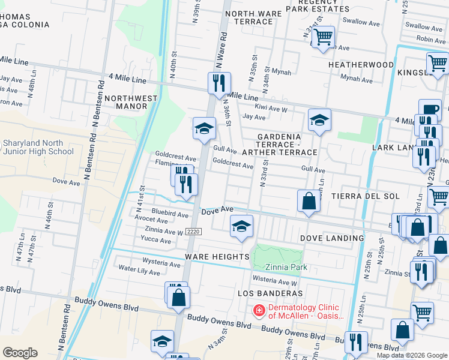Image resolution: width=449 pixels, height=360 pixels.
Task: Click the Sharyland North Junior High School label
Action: (38, 147)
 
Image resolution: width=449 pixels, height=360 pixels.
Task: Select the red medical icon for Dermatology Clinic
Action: (259, 311)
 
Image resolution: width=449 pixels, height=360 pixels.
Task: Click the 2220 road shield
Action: (193, 232)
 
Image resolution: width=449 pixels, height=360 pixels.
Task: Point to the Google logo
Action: (20, 353)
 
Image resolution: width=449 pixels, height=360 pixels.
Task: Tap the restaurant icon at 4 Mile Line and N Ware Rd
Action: (219, 82)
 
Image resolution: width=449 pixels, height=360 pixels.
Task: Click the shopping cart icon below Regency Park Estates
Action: (324, 37)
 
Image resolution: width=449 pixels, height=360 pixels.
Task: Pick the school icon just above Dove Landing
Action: (241, 226)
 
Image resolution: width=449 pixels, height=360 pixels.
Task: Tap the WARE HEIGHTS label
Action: (217, 257)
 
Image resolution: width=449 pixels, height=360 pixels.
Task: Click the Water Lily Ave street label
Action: (139, 270)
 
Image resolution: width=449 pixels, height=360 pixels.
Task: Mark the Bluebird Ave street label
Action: (170, 213)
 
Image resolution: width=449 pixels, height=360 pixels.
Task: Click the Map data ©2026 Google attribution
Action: (412, 355)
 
